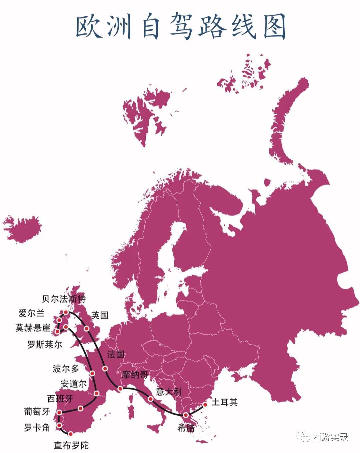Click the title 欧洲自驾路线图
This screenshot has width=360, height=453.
click(x=180, y=27)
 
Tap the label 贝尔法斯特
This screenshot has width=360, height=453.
click(x=64, y=299)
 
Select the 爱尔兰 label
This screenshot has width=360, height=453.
click(x=32, y=313)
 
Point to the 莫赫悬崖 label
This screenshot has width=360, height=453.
click(x=33, y=328)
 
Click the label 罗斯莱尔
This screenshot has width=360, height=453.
click(x=45, y=344)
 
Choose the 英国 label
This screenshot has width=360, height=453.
click(x=100, y=315)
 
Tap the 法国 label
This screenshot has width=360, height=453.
click(x=116, y=354)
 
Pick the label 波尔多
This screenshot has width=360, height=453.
click(x=66, y=368)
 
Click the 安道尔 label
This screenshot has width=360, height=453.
click(x=74, y=384)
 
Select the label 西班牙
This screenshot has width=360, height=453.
click(x=60, y=398)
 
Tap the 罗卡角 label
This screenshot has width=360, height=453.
click(x=37, y=427)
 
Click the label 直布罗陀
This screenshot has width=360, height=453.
click(x=71, y=445)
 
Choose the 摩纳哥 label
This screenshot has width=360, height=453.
click(x=135, y=374)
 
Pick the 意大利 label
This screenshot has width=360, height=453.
click(x=169, y=391)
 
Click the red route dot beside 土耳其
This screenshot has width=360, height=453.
click(x=205, y=405)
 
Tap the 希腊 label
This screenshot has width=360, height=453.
click(x=186, y=428)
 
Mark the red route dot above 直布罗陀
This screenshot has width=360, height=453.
click(x=71, y=434)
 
